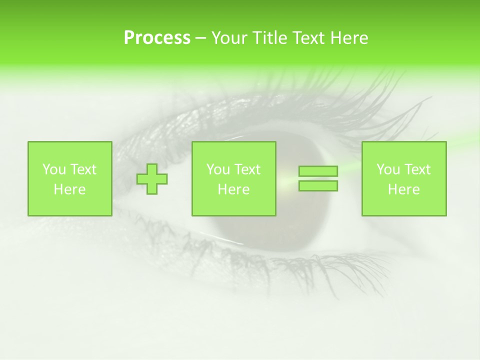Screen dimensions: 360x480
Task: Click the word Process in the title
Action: click(x=157, y=38)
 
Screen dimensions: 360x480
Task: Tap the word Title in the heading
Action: click(x=268, y=38)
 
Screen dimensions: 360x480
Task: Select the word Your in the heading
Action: click(x=229, y=38)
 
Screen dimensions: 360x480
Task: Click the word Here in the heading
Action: click(x=347, y=38)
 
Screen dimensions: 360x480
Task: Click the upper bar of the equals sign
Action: click(x=318, y=171)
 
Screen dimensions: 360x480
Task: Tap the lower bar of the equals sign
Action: click(x=318, y=185)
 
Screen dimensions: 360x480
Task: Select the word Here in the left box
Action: click(x=69, y=189)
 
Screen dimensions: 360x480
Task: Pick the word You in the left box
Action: click(x=54, y=169)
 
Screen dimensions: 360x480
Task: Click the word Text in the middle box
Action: click(x=248, y=169)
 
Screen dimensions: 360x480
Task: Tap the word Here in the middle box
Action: click(x=233, y=189)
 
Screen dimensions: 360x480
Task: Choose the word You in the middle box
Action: click(x=218, y=169)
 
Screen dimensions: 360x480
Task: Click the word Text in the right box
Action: click(x=418, y=169)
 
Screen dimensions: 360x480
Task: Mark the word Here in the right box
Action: click(x=403, y=189)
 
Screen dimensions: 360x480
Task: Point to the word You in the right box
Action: click(x=388, y=169)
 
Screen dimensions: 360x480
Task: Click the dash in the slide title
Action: click(x=200, y=38)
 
